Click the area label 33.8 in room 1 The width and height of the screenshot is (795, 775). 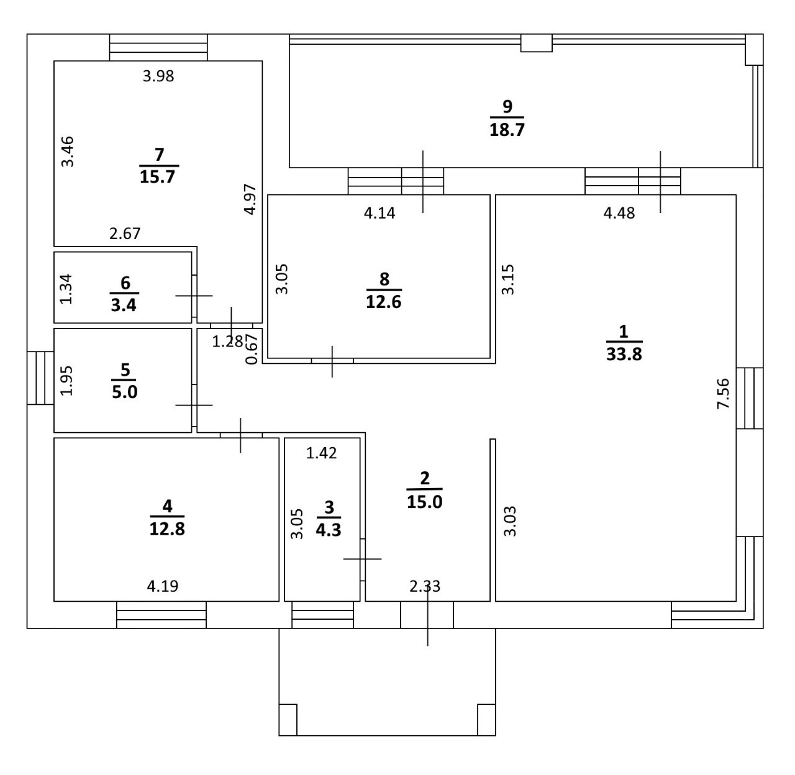[624, 355]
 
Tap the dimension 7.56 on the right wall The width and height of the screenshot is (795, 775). [724, 393]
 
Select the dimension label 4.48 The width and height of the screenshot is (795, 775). [619, 213]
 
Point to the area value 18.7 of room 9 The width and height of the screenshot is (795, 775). [507, 130]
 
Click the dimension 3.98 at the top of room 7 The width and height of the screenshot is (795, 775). [158, 76]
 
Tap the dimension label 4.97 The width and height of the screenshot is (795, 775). [250, 199]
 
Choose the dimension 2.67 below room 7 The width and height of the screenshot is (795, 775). [125, 233]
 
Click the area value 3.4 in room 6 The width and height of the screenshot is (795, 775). [124, 305]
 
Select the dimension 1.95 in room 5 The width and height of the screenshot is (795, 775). [66, 380]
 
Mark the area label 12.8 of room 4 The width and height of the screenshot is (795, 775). [167, 528]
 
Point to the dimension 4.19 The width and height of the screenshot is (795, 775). [163, 586]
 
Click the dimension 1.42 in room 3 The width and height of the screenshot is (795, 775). [322, 453]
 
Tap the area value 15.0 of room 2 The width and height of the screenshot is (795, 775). [425, 501]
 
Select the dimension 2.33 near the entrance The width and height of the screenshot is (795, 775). [425, 586]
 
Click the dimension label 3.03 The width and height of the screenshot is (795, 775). [509, 522]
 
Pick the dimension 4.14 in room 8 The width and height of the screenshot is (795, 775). [379, 213]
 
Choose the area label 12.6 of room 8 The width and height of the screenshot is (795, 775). [384, 302]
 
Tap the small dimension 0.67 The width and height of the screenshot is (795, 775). [252, 349]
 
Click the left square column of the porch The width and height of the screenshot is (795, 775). [288, 720]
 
